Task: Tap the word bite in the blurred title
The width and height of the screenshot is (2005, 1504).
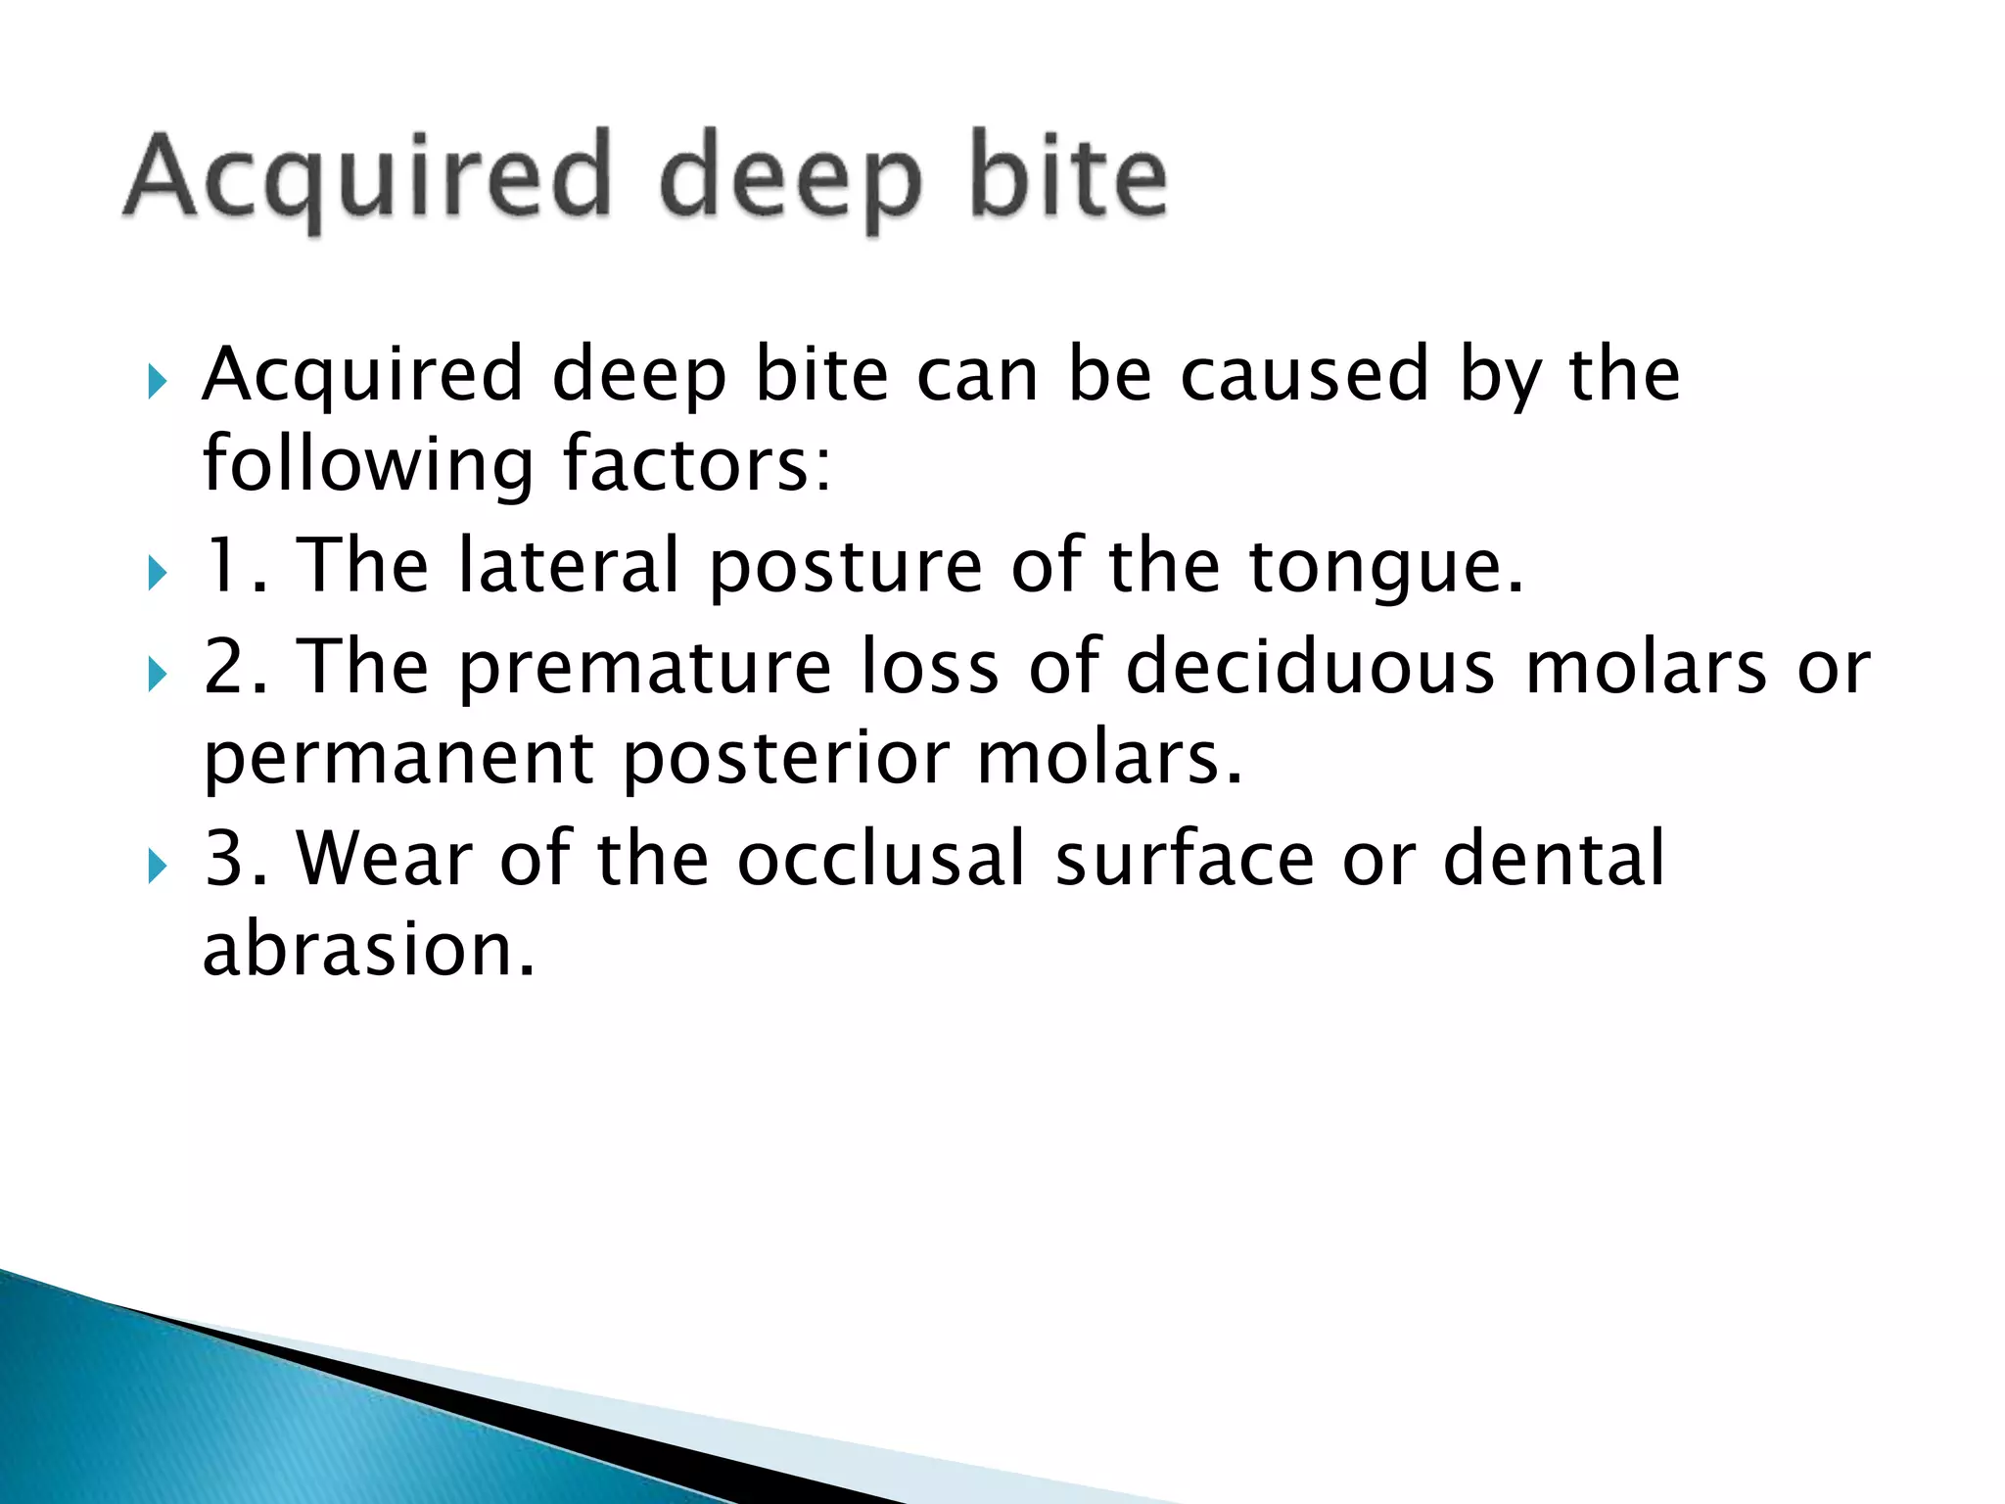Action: pyautogui.click(x=1069, y=176)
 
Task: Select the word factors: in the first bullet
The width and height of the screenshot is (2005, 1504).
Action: pyautogui.click(x=697, y=464)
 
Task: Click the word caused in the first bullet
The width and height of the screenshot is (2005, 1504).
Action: pyautogui.click(x=1304, y=374)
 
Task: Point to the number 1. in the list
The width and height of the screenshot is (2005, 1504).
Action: pyautogui.click(x=235, y=566)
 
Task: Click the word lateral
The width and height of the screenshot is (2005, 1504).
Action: pyautogui.click(x=569, y=566)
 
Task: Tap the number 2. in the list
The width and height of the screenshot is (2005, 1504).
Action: pyautogui.click(x=235, y=667)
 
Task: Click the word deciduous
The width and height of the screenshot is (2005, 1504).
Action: pyautogui.click(x=1310, y=667)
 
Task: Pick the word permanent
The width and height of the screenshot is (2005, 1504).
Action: pyautogui.click(x=398, y=760)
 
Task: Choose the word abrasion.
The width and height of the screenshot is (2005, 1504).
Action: pyautogui.click(x=369, y=949)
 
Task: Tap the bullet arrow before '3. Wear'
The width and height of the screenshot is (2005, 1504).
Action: pyautogui.click(x=158, y=866)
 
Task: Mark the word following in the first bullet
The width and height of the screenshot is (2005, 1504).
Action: pyautogui.click(x=368, y=464)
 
